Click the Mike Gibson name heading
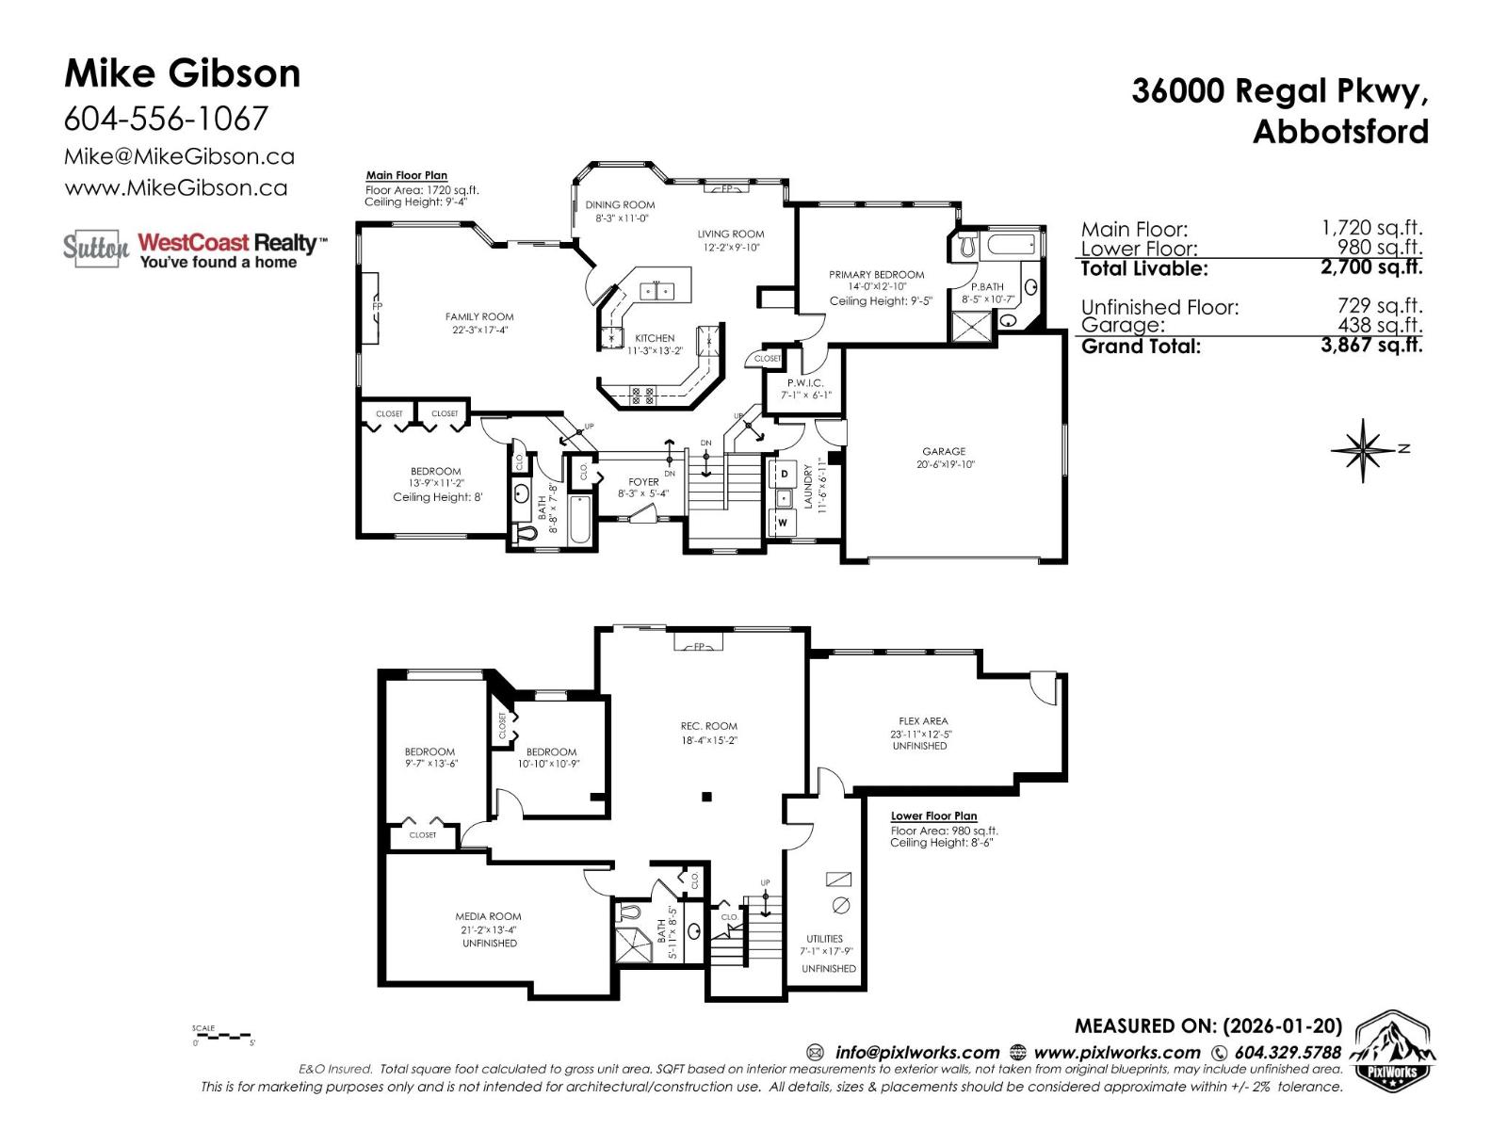(182, 73)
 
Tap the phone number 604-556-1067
(166, 119)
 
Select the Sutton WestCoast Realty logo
(195, 249)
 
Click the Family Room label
(479, 317)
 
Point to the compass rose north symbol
(1363, 449)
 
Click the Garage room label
(944, 452)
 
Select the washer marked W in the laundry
(783, 521)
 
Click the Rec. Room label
(708, 726)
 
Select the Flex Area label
(922, 721)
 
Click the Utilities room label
(824, 939)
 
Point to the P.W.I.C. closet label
(805, 383)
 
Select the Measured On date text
(1207, 1025)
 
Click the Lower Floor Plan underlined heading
(933, 816)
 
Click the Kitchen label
(654, 338)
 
